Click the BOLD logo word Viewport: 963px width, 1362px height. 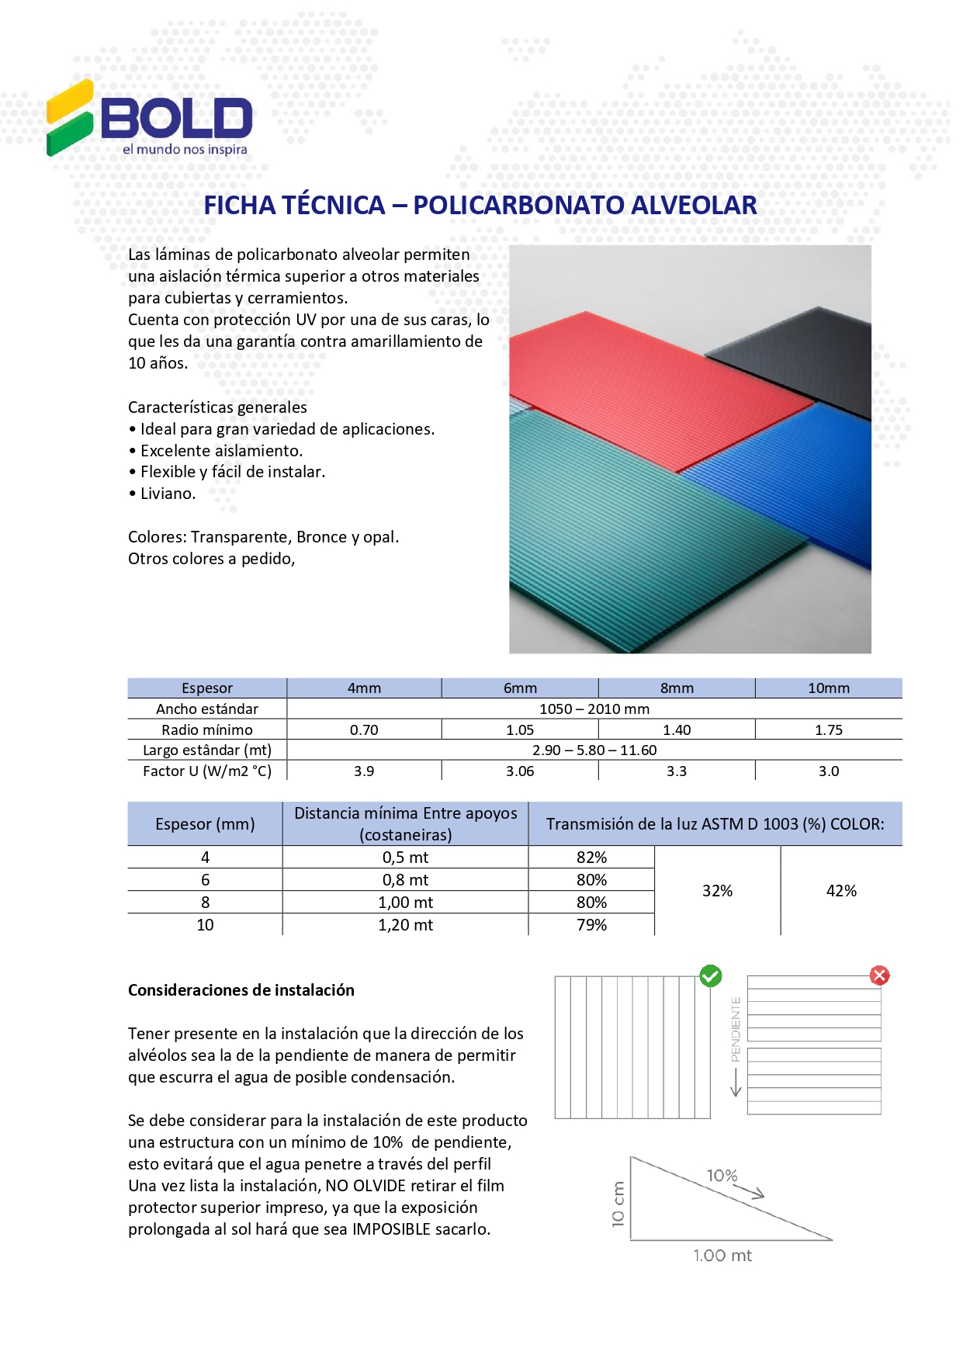click(x=177, y=118)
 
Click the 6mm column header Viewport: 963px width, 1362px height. click(x=520, y=688)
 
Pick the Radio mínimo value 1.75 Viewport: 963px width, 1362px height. click(x=829, y=730)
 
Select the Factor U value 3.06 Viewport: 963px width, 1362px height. click(x=520, y=771)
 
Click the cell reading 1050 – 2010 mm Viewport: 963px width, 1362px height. click(x=594, y=709)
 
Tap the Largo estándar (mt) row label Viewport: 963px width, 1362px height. click(x=207, y=750)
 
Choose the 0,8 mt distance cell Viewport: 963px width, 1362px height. click(x=405, y=880)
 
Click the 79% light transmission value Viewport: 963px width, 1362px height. click(x=591, y=925)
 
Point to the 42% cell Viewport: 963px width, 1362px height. click(x=841, y=891)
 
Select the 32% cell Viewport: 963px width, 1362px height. click(x=717, y=891)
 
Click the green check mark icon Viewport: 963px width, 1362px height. click(x=710, y=976)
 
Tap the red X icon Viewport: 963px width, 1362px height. click(x=879, y=976)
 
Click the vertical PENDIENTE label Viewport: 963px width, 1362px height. click(x=736, y=1029)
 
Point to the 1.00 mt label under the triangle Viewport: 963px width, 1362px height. click(x=722, y=1256)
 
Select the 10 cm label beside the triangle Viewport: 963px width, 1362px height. click(x=618, y=1204)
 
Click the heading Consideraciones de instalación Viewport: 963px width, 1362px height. click(x=241, y=990)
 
